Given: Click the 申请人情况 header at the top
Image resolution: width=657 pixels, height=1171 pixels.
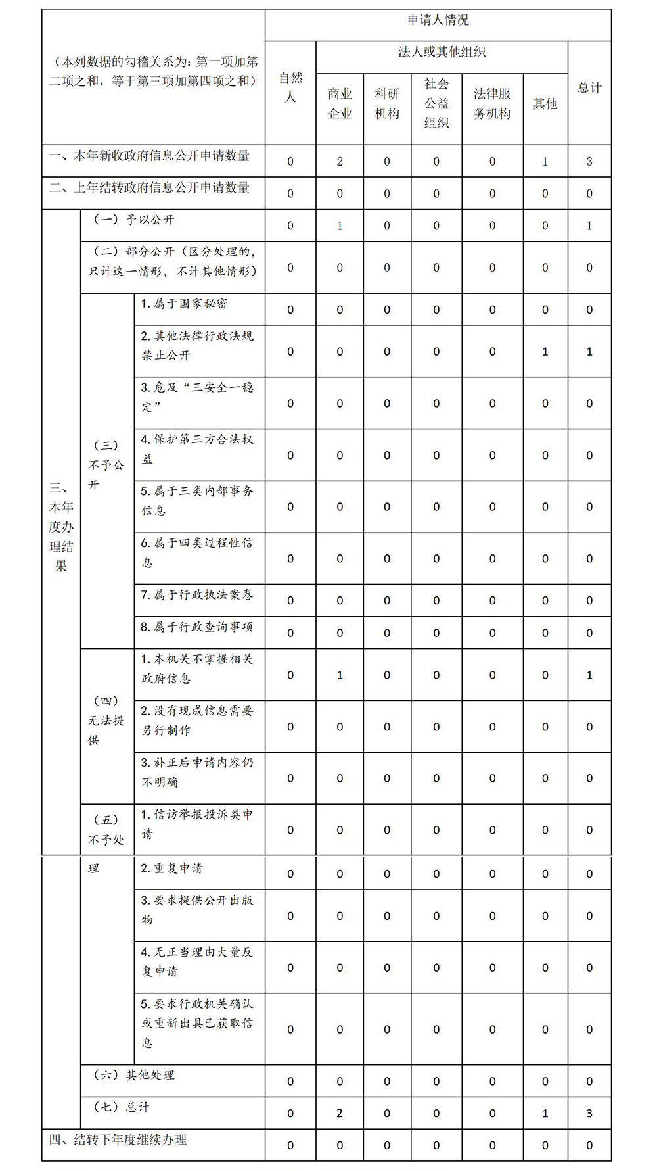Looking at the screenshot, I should tap(438, 20).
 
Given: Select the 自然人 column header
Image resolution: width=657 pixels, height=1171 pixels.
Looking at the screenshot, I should tap(290, 87).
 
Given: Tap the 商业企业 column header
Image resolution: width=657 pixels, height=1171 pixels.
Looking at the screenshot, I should tap(340, 104).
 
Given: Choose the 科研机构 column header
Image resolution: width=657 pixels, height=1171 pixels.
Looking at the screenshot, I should tap(387, 104).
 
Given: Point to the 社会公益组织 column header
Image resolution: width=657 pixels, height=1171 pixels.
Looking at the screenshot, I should tap(436, 104).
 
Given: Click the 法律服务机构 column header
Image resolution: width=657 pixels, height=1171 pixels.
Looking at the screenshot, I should tap(492, 104).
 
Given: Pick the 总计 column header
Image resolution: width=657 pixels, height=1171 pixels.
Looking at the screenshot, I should tap(589, 87).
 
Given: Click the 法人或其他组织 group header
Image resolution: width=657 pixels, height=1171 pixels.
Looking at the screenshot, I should tap(442, 52).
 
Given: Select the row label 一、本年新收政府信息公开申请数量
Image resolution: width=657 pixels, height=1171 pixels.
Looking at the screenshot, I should tap(150, 156).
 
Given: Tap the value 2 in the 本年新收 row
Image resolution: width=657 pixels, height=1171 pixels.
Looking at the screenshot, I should tap(340, 162).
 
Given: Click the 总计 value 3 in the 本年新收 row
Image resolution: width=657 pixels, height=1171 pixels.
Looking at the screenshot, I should tap(589, 162).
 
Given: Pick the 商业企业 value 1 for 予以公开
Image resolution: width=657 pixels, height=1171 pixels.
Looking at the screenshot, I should tap(340, 226).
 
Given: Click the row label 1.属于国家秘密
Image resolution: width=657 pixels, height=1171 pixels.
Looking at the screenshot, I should tap(185, 304).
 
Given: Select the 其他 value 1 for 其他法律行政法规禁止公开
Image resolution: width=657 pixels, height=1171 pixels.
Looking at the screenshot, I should tap(545, 352).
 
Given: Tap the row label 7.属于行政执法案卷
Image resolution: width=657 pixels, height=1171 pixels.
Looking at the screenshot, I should tap(196, 594).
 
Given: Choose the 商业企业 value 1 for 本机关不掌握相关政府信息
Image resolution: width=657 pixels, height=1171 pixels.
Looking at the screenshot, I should tap(340, 675).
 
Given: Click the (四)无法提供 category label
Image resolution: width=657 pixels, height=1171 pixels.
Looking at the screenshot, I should tap(106, 721).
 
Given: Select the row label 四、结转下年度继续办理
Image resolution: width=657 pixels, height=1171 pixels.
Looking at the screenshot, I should tap(118, 1139).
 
